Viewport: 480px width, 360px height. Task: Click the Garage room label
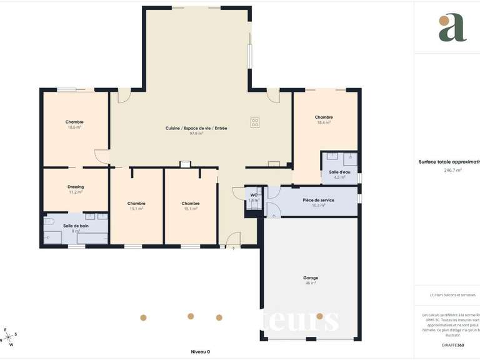pos(311,277)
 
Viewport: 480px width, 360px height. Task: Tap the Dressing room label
pos(76,187)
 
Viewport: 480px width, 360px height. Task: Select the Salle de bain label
pos(76,226)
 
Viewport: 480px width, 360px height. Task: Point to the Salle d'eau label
pos(340,172)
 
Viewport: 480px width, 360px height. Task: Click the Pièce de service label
pos(318,200)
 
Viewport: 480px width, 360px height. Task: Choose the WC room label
pos(254,196)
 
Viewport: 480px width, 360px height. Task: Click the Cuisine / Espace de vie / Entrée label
pos(196,128)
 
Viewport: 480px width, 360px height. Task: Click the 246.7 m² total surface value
pos(452,170)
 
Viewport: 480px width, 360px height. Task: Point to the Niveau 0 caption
pos(201,351)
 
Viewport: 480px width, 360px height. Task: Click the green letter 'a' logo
pos(452,27)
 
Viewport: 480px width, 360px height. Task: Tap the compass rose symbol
pos(9,337)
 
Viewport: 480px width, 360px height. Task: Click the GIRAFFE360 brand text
pos(452,345)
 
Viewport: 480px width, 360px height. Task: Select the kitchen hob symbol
pos(255,122)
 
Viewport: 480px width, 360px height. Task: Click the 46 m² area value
pos(311,283)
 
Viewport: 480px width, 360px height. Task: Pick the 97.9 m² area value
pos(196,133)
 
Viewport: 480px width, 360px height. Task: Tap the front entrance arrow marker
pos(233,248)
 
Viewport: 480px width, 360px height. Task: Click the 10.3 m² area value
pos(318,205)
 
